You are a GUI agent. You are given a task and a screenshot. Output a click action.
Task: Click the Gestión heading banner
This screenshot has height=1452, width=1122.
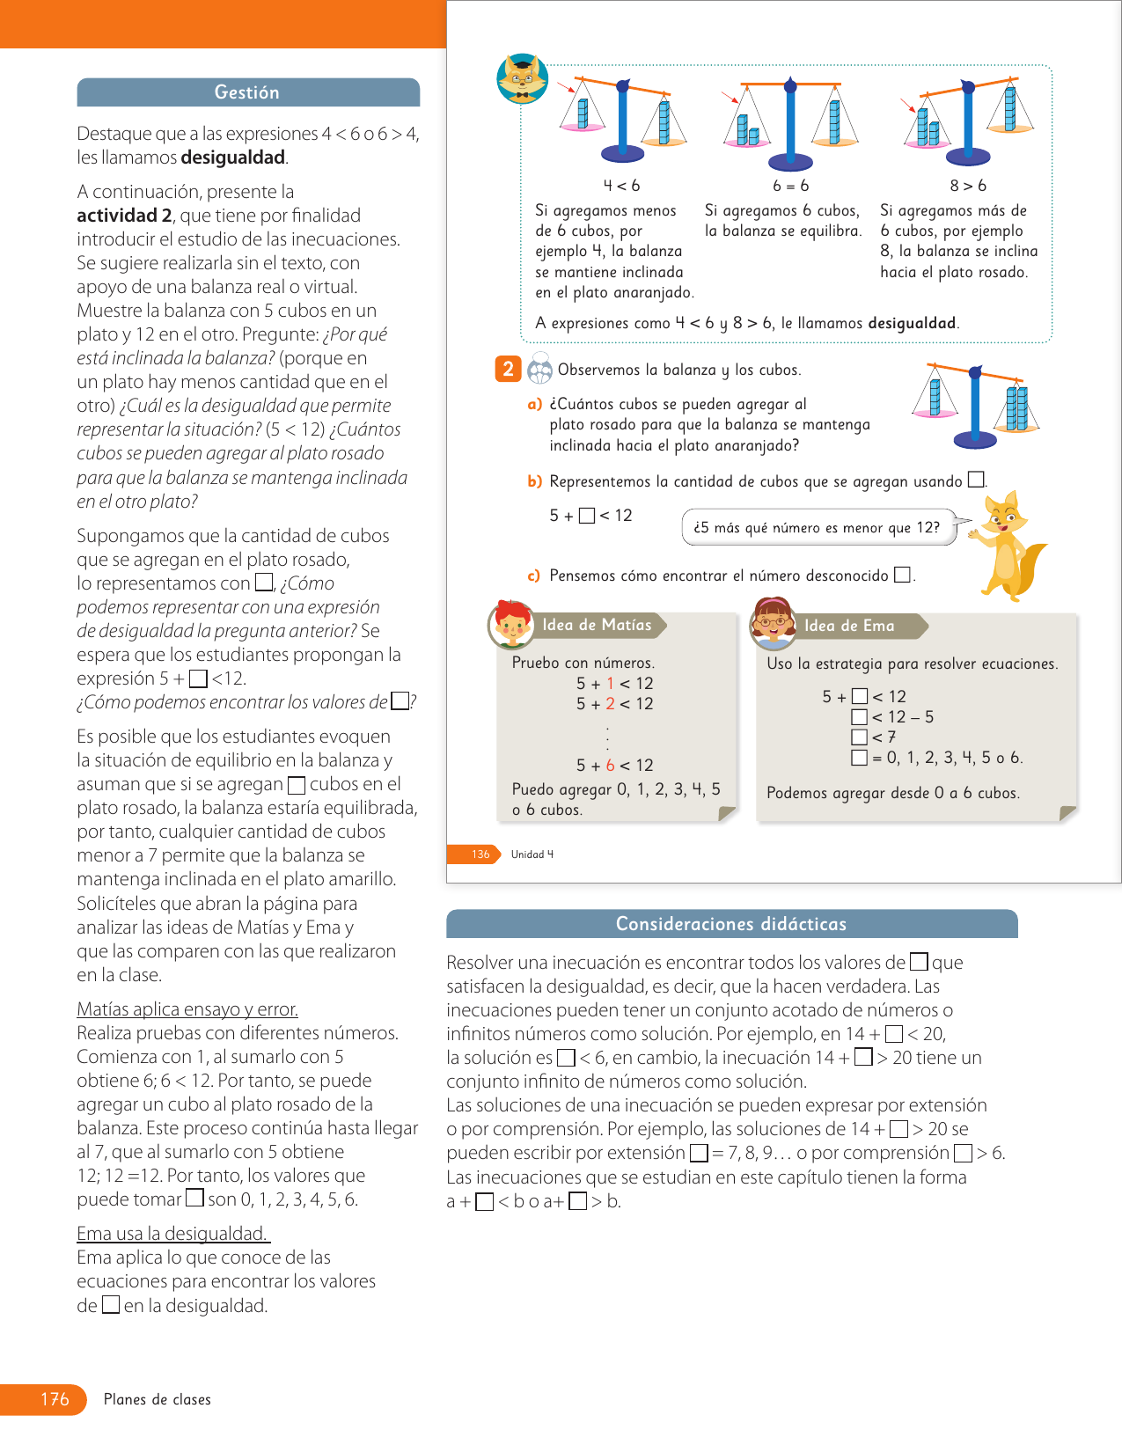[x=247, y=92]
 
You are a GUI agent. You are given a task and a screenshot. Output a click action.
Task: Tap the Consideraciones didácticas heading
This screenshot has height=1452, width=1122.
[x=731, y=924]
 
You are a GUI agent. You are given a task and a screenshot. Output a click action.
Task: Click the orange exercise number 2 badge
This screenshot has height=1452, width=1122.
[x=508, y=369]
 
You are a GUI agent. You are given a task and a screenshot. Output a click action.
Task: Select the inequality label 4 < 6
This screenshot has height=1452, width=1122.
[x=621, y=186]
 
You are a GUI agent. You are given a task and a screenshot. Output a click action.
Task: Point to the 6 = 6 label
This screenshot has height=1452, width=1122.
[x=790, y=186]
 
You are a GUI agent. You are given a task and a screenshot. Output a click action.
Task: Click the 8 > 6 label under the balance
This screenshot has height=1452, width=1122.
[x=968, y=186]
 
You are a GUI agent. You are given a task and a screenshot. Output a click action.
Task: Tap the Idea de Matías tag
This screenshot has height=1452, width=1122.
[x=597, y=625]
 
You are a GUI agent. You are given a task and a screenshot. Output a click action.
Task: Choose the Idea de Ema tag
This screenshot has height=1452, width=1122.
[x=848, y=626]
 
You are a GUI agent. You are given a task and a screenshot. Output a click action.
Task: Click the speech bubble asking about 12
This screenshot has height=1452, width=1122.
[x=818, y=527]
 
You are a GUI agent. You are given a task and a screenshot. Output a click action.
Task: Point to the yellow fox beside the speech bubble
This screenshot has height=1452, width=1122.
[x=1010, y=546]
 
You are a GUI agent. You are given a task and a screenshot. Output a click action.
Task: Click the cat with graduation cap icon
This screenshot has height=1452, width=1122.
[x=522, y=79]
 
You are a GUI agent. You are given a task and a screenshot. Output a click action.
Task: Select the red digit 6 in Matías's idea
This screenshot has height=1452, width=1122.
[x=610, y=766]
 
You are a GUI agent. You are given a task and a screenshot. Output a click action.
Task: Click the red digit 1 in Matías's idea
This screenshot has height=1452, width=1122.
[x=610, y=684]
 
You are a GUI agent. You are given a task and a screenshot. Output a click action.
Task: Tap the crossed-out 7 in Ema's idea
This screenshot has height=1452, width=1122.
[x=891, y=737]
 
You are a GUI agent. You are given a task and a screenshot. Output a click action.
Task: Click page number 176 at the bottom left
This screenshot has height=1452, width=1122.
[x=55, y=1399]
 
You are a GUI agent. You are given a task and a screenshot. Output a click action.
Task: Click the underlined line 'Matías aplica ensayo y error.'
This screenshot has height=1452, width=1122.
[x=187, y=1009]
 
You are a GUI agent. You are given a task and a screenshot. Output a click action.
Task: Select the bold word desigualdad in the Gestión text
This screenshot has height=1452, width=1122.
[x=233, y=158]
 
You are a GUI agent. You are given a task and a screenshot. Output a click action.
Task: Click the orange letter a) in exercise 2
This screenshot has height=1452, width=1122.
[x=534, y=404]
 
